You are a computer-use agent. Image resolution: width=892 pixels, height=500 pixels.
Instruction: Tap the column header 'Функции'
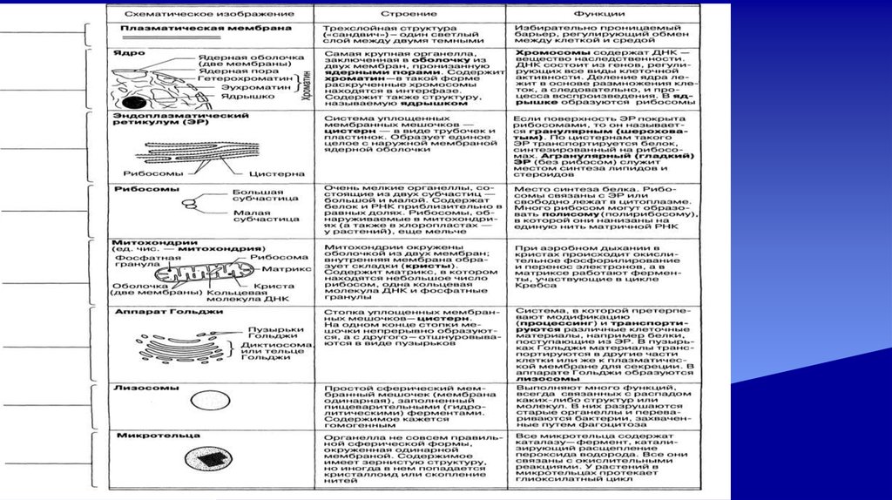pos(598,15)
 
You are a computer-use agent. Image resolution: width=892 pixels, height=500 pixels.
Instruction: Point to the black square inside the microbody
pos(206,459)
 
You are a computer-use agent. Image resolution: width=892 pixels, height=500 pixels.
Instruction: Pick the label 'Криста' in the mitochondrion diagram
pos(267,285)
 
